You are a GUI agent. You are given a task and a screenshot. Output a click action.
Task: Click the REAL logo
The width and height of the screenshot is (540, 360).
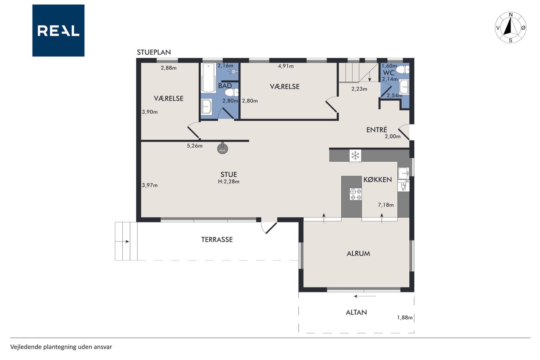[58, 31]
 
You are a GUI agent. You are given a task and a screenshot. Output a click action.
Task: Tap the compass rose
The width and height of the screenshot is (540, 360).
[510, 28]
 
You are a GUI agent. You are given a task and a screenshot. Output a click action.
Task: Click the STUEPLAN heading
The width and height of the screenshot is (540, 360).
[154, 52]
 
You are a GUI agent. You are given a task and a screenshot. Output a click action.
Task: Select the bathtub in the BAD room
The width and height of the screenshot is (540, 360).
[209, 78]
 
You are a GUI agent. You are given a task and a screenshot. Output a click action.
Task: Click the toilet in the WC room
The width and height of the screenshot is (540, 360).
[402, 70]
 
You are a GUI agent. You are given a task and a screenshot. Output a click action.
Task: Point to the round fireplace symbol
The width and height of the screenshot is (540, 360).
[222, 149]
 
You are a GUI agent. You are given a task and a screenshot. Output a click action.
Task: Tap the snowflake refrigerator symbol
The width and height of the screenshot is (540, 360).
[355, 156]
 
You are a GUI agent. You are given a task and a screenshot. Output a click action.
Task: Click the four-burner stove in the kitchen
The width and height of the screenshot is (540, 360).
[356, 194]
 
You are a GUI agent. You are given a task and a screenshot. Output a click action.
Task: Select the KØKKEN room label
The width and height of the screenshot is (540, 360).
[378, 180]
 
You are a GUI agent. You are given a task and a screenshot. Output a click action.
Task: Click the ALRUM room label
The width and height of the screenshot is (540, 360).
[358, 253]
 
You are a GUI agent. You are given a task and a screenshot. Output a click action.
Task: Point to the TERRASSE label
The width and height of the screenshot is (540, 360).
[217, 239]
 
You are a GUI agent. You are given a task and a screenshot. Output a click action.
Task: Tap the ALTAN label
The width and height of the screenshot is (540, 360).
[356, 312]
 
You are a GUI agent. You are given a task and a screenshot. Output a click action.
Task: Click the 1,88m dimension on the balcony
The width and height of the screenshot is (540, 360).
[405, 317]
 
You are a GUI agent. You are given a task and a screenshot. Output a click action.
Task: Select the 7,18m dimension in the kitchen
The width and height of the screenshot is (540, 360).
[386, 205]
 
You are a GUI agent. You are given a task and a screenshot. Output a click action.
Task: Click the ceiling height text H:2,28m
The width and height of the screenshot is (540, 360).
[229, 181]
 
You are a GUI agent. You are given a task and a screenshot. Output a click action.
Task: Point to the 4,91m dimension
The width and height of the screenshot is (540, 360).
[286, 66]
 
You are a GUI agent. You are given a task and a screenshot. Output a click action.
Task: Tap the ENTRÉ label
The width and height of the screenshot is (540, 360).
[377, 130]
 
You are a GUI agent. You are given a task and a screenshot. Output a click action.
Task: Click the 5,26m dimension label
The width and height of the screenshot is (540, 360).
[194, 146]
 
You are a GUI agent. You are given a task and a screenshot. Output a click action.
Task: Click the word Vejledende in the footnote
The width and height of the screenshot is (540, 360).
[26, 347]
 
